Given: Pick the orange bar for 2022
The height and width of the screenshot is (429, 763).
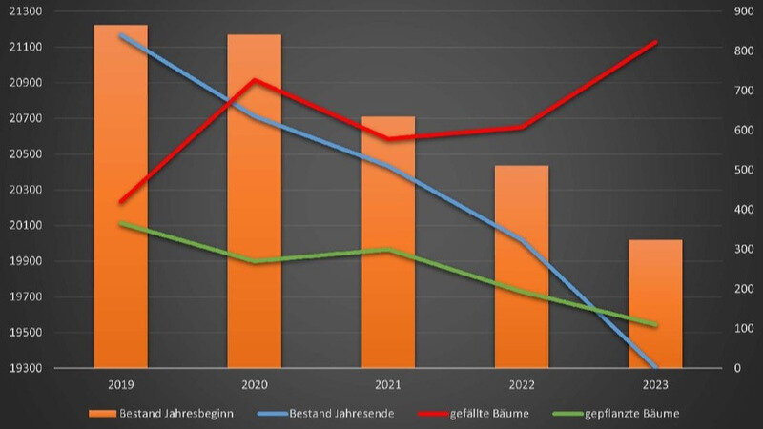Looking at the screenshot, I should [x=521, y=266].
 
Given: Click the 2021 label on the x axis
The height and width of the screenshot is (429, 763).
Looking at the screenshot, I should [x=388, y=385].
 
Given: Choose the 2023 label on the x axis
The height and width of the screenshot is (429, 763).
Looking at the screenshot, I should [x=655, y=385].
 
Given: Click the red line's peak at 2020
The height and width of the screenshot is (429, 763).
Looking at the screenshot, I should [x=254, y=79].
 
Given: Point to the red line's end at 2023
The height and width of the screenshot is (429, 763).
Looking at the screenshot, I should [x=655, y=42].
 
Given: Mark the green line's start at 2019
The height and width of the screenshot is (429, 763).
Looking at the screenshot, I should [x=121, y=223].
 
